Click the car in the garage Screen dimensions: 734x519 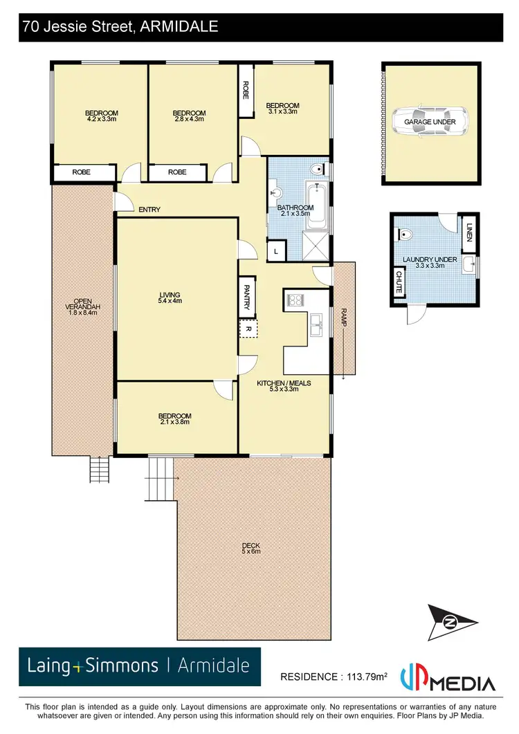[x=430, y=122]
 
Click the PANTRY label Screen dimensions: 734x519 [x=247, y=295]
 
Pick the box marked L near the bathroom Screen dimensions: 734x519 [x=276, y=251]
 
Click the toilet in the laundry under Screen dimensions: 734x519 [x=406, y=234]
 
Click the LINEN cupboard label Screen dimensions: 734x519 [x=469, y=233]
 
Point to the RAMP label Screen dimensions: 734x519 [x=343, y=316]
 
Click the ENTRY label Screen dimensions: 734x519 [x=149, y=210]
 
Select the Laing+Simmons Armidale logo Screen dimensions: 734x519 [x=139, y=666]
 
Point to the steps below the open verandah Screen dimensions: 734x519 [x=99, y=470]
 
